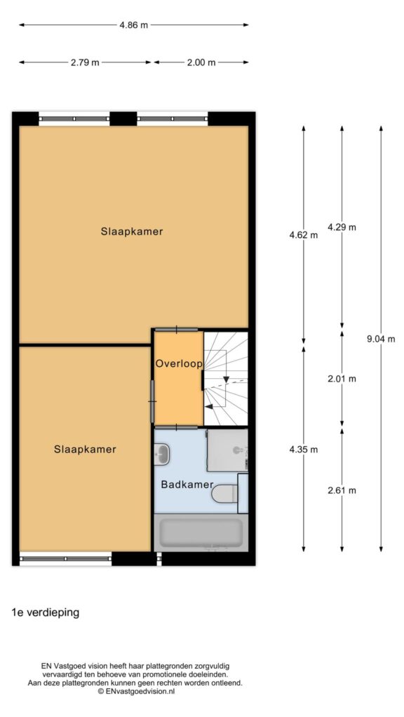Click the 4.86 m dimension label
[134, 25]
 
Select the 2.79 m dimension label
[85, 62]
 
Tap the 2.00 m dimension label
[201, 62]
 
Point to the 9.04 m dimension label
[381, 339]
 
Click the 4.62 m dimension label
[303, 235]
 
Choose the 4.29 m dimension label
[342, 227]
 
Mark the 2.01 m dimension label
[342, 379]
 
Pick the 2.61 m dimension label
[342, 491]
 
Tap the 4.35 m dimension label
[303, 450]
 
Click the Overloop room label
[179, 364]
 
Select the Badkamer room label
[187, 485]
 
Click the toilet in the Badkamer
[225, 494]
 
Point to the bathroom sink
[162, 454]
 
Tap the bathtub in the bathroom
[201, 533]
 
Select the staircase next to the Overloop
[225, 379]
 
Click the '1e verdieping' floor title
[46, 613]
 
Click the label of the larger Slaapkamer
[132, 231]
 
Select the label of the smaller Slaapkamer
[85, 450]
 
